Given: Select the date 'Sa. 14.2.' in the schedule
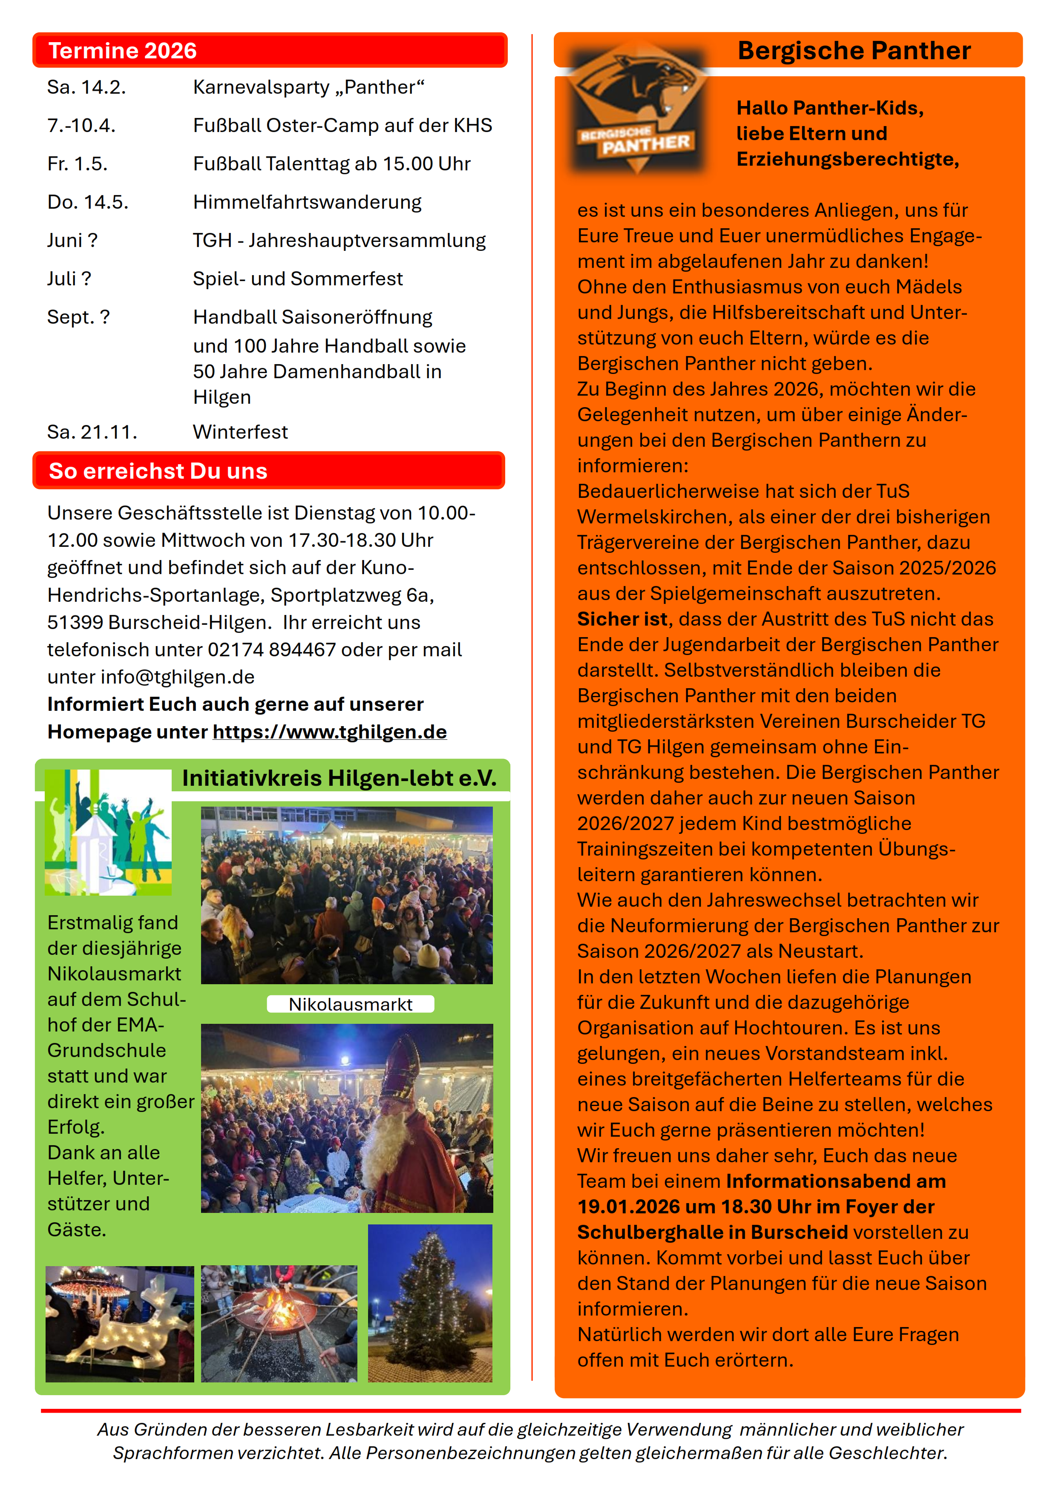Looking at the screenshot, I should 86,87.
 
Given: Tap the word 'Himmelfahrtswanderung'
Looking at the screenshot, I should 307,202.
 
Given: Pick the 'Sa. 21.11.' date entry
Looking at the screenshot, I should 92,432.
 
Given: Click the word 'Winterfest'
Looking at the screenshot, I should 240,432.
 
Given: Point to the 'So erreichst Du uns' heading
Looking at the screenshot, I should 158,471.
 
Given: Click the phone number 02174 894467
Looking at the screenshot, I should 271,650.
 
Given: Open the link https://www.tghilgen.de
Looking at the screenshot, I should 329,732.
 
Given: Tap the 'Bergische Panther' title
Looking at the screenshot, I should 854,51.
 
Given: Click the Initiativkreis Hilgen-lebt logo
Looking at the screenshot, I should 108,833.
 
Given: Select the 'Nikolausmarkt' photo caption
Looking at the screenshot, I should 350,1005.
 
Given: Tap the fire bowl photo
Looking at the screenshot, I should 279,1324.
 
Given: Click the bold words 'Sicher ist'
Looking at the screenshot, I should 622,620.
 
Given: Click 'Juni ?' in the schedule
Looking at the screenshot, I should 72,241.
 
